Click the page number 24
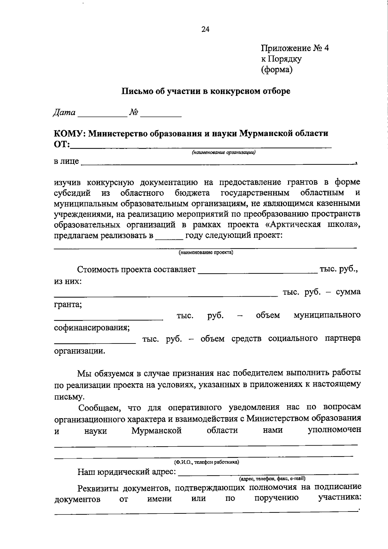(x=205, y=29)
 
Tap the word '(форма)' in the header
(x=277, y=69)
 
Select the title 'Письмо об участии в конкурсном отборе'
(x=206, y=91)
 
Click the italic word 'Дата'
(x=64, y=112)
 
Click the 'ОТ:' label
(x=62, y=144)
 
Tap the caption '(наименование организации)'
(x=223, y=153)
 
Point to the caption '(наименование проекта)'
(x=206, y=253)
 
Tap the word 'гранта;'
(x=68, y=304)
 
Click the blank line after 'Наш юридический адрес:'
(x=268, y=473)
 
